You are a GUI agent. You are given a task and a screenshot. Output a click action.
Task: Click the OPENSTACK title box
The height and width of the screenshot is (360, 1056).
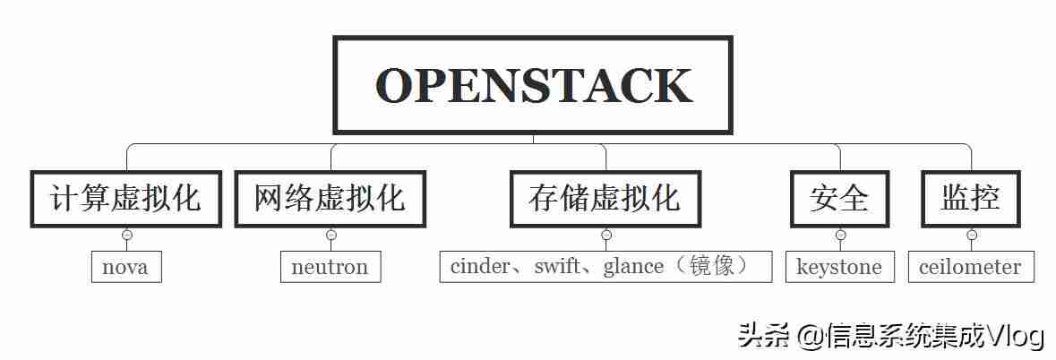point(533,85)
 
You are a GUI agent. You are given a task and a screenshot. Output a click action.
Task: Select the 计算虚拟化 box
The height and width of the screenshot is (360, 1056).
point(126,199)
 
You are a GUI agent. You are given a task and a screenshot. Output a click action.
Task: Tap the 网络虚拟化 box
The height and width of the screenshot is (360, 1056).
point(330,199)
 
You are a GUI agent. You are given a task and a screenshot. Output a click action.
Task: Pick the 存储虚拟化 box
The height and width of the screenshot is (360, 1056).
point(605,199)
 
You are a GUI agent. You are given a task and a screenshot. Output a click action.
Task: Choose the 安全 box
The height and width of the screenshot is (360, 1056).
point(840,199)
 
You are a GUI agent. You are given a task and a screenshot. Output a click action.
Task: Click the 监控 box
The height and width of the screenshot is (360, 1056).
point(971,199)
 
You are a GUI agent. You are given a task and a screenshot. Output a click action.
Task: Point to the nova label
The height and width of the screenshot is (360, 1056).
point(126,267)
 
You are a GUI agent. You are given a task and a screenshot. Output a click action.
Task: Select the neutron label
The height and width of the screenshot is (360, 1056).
point(330,267)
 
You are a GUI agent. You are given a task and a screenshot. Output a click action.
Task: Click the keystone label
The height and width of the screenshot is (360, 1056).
point(839,267)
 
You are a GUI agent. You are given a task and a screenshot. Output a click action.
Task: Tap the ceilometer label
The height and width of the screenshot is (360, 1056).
point(971,267)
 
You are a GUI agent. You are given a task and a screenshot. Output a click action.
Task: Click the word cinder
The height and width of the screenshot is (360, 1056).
point(480,267)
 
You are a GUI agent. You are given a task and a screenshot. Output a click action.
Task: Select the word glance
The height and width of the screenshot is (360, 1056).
point(633,268)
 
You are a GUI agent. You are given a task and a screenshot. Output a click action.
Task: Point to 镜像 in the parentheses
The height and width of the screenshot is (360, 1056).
point(708,267)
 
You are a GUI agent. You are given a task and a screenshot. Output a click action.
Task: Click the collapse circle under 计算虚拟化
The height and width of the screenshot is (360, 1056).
point(126,235)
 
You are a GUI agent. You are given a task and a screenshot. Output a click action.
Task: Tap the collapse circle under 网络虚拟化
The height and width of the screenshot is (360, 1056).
point(331,235)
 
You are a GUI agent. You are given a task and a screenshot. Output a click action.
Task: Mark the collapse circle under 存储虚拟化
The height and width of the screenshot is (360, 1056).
point(606,235)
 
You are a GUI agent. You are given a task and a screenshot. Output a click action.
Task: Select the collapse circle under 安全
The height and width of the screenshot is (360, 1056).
point(840,235)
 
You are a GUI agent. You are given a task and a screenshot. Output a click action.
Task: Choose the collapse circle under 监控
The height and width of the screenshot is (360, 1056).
point(971,235)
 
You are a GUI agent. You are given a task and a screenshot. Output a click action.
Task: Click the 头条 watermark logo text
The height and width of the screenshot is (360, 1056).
point(763,334)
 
